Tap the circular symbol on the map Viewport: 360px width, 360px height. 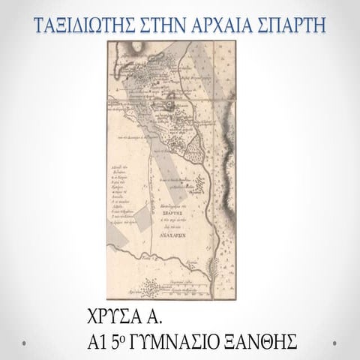click(171, 94)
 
